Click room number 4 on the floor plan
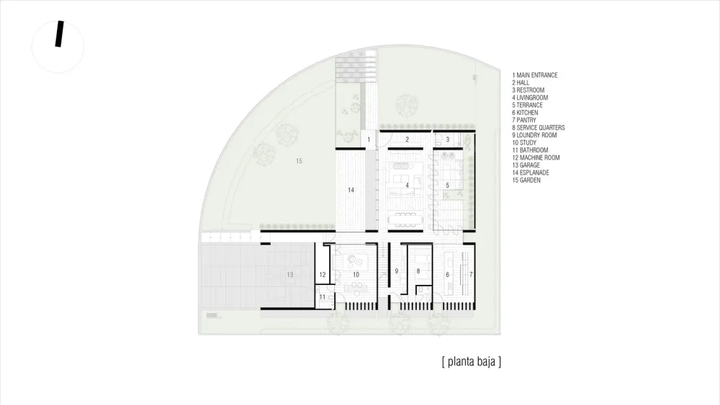(x=408, y=186)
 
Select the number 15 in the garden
(x=299, y=161)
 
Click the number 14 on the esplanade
(x=351, y=191)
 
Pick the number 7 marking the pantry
(x=471, y=275)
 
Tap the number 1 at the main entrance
(x=368, y=138)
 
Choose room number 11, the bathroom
(x=323, y=296)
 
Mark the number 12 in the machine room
(x=323, y=275)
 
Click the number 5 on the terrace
(x=447, y=186)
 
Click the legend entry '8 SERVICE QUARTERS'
(x=539, y=127)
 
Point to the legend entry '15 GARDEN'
(x=526, y=180)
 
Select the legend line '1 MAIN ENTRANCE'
(x=535, y=75)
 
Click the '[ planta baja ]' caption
(x=471, y=361)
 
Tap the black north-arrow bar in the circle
(x=60, y=35)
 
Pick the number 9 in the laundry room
(x=397, y=271)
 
